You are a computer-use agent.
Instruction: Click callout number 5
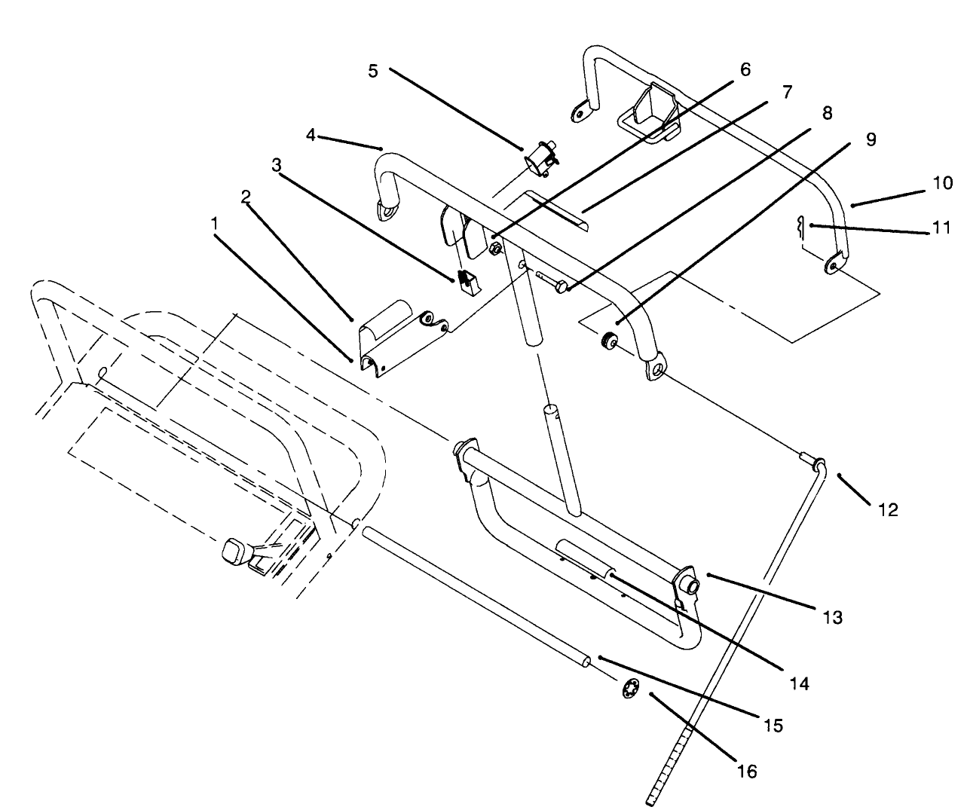click(373, 70)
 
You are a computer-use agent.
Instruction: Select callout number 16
click(747, 772)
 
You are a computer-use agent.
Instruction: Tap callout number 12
click(888, 510)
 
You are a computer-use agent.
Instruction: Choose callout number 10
click(942, 182)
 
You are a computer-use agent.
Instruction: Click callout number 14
click(799, 683)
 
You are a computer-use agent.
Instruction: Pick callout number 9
click(871, 139)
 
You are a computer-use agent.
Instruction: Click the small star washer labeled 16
click(630, 689)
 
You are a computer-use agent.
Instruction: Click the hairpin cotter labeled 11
click(803, 225)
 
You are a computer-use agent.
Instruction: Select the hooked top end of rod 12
click(817, 462)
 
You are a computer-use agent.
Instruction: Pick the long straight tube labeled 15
click(475, 595)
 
